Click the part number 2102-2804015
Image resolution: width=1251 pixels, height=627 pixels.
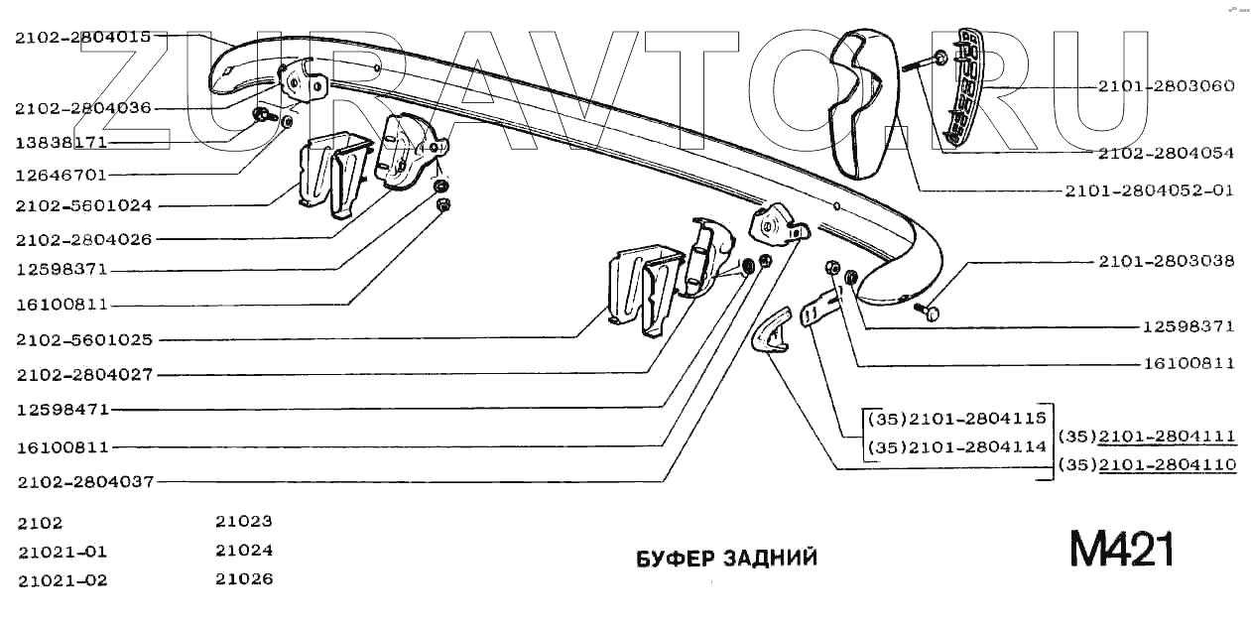coord(82,38)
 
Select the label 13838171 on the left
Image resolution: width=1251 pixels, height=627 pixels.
coord(62,143)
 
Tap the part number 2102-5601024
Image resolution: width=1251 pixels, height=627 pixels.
coord(82,206)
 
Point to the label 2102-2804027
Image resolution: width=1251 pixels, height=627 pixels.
coord(84,375)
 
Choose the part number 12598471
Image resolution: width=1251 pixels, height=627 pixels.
coord(62,409)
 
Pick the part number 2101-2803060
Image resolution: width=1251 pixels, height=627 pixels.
coord(1166,86)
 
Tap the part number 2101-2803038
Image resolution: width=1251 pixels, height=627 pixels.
coord(1166,262)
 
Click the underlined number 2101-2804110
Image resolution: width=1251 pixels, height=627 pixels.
coord(1167,463)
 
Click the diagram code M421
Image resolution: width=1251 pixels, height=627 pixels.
coord(1121,549)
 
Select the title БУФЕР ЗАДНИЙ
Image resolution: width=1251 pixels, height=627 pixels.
coord(726,558)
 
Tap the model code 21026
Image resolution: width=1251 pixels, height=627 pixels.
coord(244,578)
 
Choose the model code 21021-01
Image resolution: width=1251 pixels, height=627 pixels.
coord(62,552)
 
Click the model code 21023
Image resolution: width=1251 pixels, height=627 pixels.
coord(244,520)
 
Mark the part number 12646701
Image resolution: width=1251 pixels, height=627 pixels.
coord(62,175)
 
